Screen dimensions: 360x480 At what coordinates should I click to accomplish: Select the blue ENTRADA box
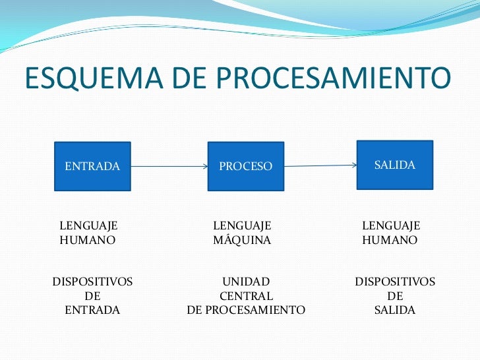(x=92, y=166)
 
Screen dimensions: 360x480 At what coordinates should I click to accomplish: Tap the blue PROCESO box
(x=245, y=167)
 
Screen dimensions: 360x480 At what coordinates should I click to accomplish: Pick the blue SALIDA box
(x=394, y=165)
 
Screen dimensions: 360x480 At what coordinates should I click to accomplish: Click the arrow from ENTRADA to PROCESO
(x=169, y=167)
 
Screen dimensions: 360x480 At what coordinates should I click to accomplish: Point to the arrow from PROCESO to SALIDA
(x=320, y=165)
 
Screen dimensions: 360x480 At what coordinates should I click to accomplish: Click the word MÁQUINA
(x=242, y=241)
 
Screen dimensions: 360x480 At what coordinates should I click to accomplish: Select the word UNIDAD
(x=245, y=282)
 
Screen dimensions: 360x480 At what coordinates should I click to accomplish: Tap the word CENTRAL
(x=246, y=296)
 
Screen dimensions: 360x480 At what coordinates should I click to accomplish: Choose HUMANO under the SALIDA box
(x=390, y=241)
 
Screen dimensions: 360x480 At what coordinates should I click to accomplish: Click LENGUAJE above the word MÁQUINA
(x=243, y=226)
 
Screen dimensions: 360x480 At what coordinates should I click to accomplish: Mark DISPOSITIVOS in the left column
(x=92, y=282)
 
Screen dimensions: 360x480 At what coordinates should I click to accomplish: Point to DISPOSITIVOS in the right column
(x=395, y=282)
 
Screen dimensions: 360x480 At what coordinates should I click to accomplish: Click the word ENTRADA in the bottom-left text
(x=92, y=310)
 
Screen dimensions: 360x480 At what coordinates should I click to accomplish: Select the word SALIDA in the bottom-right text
(x=395, y=310)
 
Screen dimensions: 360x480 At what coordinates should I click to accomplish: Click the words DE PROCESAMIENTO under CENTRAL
(x=246, y=310)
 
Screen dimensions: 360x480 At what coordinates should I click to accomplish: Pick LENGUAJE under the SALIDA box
(x=391, y=226)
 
